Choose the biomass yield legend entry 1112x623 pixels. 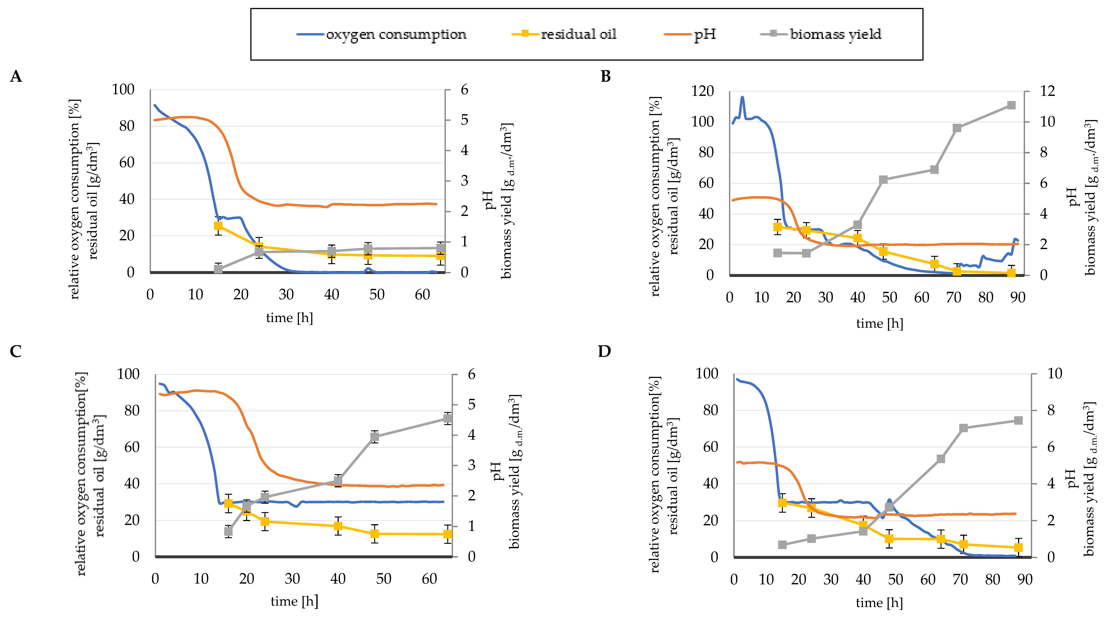835,34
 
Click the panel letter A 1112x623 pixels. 16,76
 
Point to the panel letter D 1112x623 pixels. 604,351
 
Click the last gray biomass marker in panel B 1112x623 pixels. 1011,105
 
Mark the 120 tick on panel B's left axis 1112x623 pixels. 702,91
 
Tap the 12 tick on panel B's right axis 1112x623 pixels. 1048,91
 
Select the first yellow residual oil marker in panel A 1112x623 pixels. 219,226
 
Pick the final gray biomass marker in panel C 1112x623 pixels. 448,419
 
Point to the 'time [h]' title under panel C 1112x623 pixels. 294,601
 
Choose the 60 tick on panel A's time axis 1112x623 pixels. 422,295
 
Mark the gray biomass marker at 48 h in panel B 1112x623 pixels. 883,180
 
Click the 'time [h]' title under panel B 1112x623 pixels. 879,323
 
